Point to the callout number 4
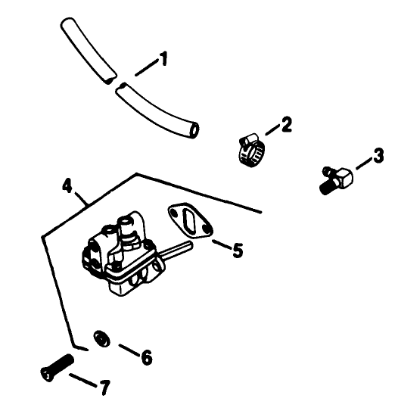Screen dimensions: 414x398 point(67,184)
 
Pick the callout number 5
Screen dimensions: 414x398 point(237,250)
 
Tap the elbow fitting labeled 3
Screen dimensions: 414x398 point(336,179)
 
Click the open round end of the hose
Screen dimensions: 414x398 point(194,132)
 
